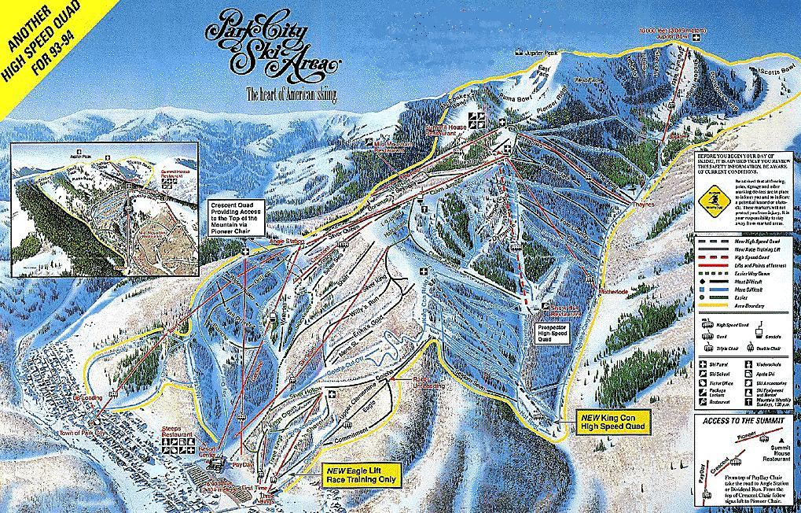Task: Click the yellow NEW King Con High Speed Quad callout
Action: pos(614,421)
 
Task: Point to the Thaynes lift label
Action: pos(643,204)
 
